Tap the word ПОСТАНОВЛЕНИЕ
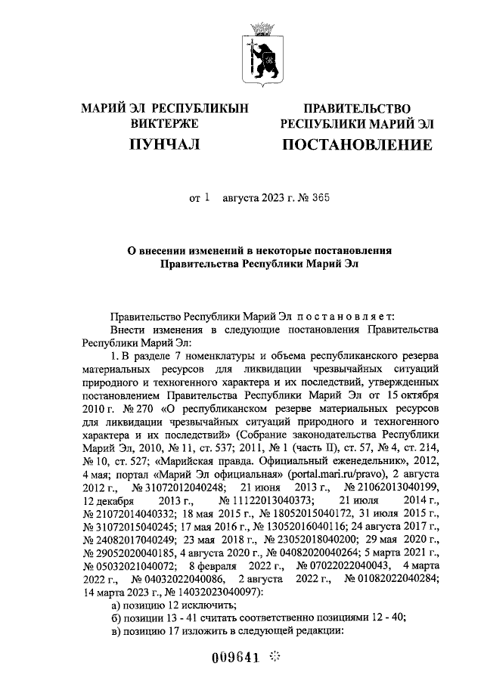click(357, 143)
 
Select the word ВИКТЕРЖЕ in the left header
click(164, 123)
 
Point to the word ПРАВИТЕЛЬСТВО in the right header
click(357, 108)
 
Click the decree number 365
click(318, 199)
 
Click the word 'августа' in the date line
click(240, 199)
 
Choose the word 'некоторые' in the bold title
click(281, 250)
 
